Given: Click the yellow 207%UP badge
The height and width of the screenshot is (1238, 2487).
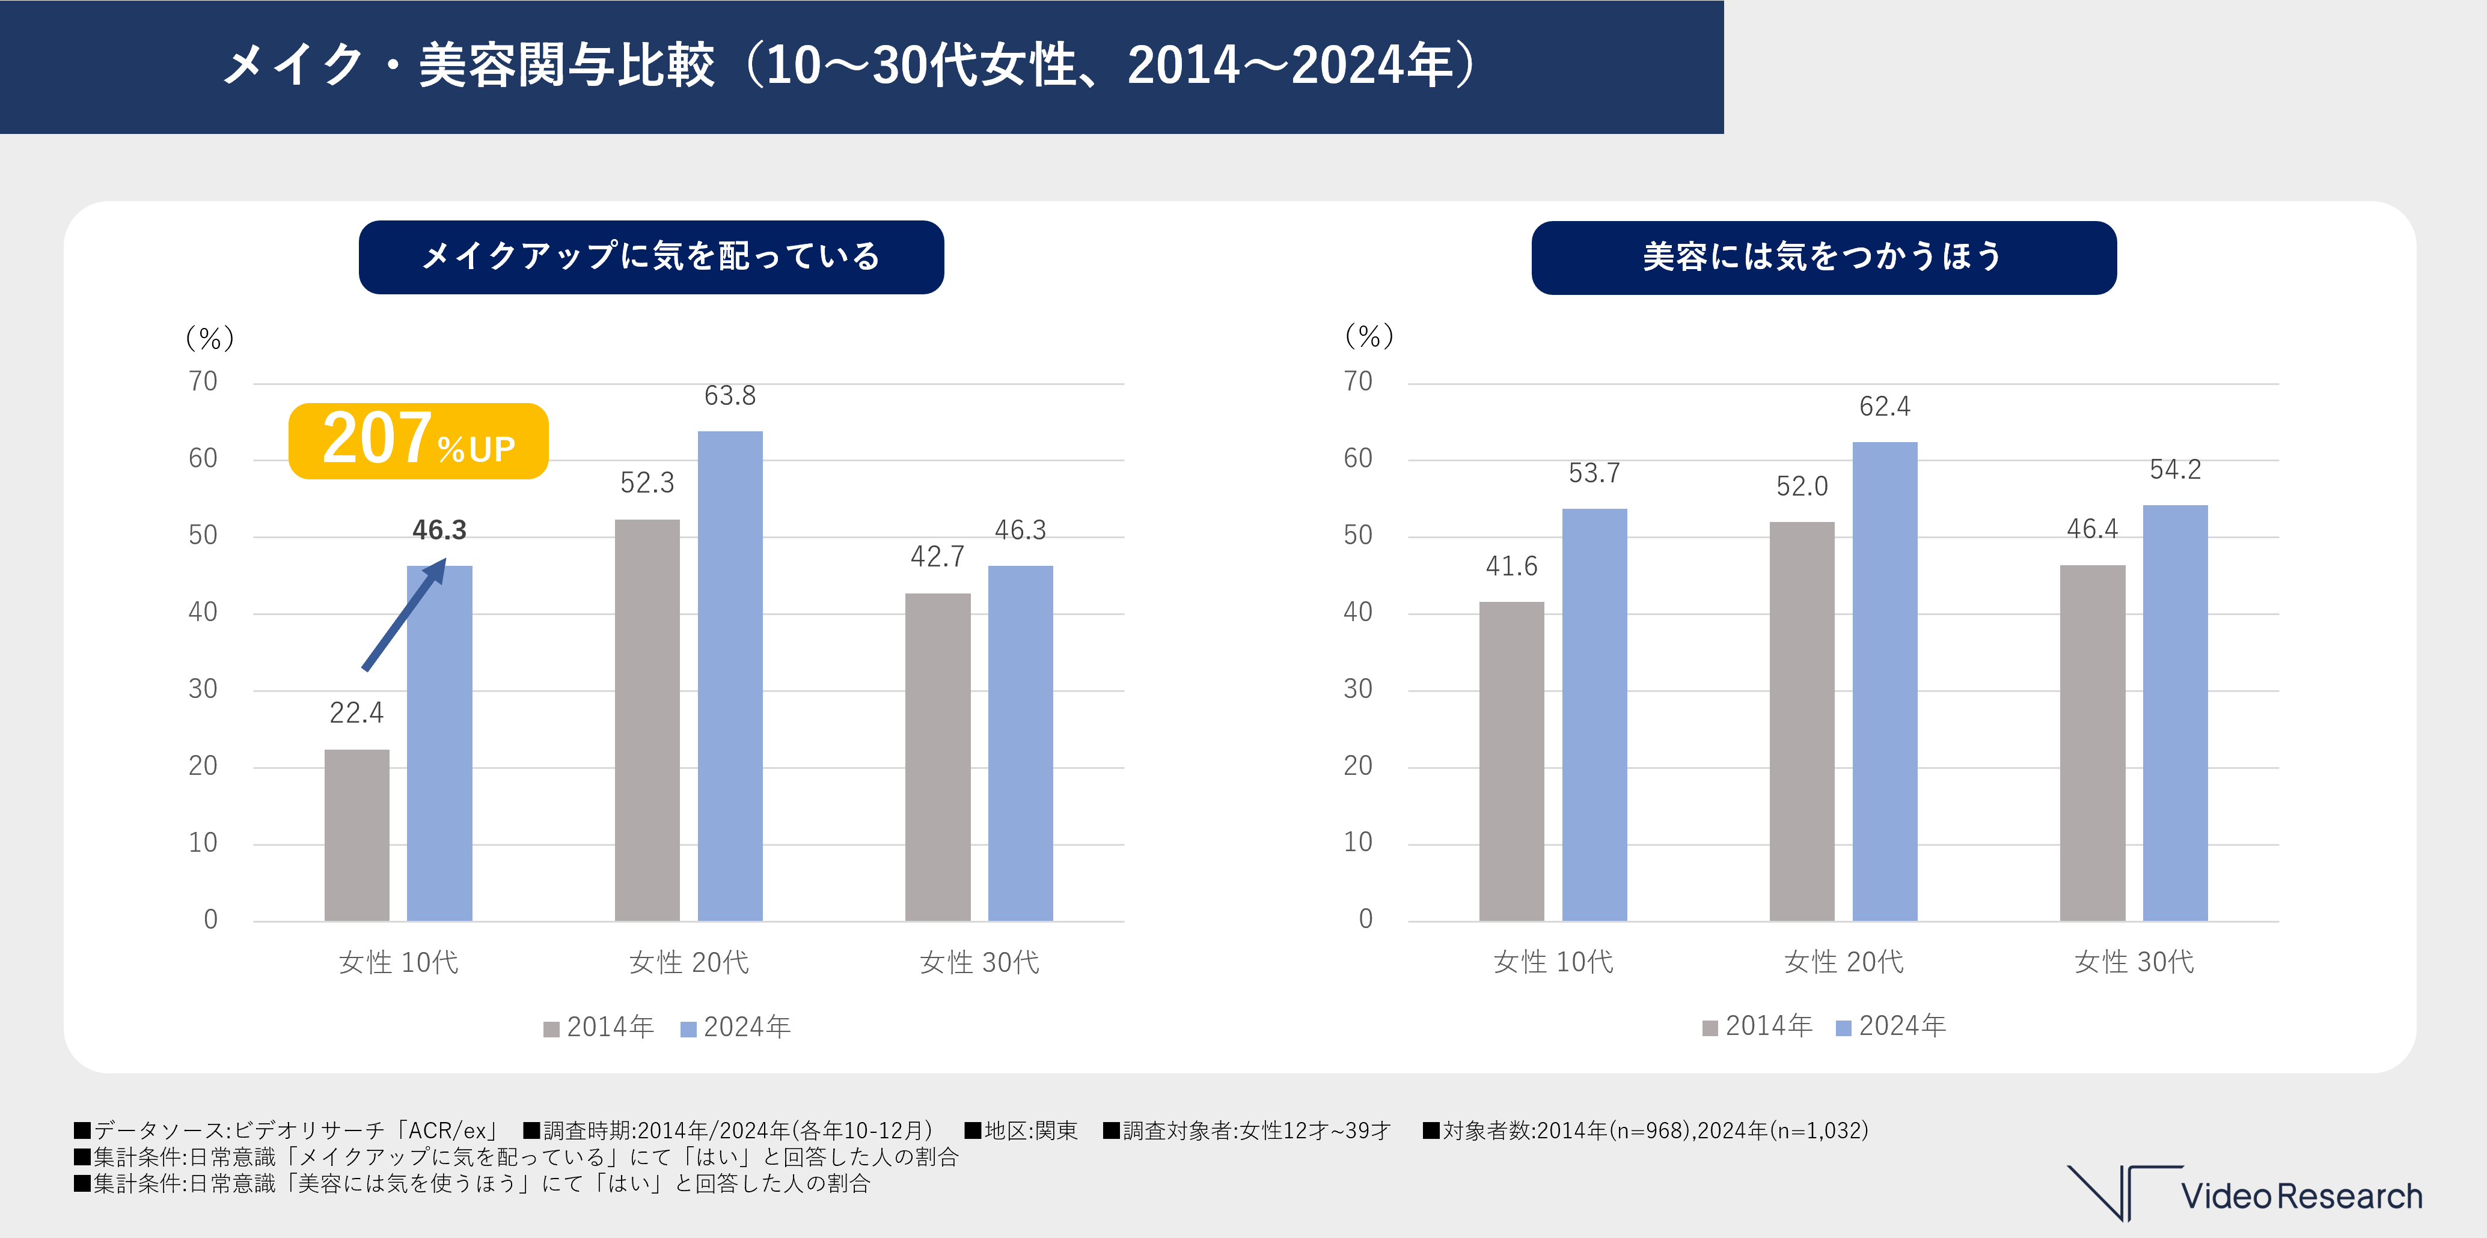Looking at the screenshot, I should point(418,441).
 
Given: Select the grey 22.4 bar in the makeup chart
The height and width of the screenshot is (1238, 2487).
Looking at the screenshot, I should point(356,835).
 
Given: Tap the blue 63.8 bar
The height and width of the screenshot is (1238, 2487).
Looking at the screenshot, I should point(730,675).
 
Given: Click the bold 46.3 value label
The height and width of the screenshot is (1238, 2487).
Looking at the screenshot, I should point(439,530).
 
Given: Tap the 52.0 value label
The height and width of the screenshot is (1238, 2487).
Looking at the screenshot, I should point(1802,487).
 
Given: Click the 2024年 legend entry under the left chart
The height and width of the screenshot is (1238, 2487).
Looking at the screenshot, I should point(736,1027).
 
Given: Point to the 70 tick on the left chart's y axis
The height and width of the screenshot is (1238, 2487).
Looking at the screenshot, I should point(203,382).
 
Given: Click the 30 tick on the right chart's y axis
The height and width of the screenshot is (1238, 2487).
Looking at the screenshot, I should point(1357,689).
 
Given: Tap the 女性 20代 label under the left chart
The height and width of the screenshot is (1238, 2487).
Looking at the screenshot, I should point(688,962).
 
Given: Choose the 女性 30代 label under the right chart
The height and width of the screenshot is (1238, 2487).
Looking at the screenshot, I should point(2134,962).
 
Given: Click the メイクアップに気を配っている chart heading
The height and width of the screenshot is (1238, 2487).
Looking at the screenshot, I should point(650,256).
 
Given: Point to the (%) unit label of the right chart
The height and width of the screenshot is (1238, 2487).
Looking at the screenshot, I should point(1369,336).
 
